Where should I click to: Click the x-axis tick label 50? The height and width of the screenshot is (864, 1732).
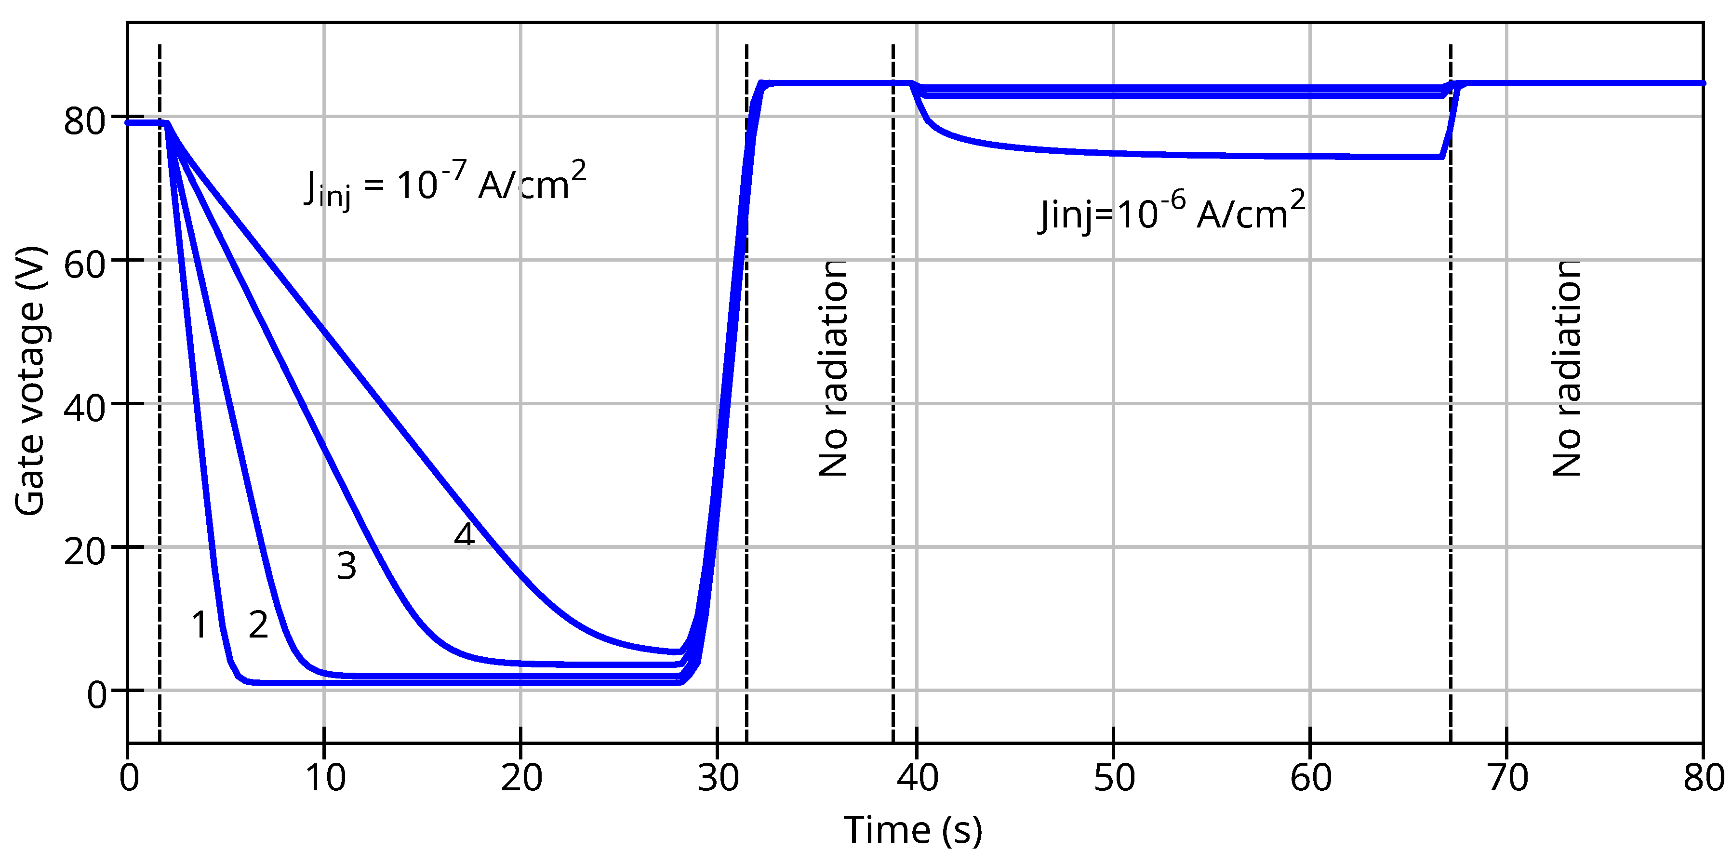coord(1114,778)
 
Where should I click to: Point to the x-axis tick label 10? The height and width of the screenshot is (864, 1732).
coord(325,778)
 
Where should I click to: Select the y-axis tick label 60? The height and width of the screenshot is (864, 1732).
coord(85,264)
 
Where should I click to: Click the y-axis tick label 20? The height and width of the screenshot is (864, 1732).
coord(85,551)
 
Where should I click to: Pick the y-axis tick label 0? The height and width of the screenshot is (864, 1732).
coord(97,694)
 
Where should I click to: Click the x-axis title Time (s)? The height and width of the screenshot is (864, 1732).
coord(912,830)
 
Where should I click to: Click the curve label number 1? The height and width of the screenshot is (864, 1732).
coord(199,625)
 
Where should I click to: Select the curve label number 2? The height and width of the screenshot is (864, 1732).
coord(258,625)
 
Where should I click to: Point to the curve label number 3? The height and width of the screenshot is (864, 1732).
coord(346,565)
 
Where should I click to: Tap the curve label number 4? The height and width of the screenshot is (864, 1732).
coord(465,535)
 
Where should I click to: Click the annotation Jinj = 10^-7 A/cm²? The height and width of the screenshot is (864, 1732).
coord(445,184)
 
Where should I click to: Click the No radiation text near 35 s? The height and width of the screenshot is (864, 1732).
coord(834,369)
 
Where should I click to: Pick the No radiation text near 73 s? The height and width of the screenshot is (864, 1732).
coord(1567,369)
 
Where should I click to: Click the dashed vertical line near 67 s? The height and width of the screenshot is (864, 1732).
coord(1450,403)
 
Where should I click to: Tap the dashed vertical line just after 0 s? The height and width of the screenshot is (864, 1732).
coord(160,403)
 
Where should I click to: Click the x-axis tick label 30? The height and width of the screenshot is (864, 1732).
coord(718,778)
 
